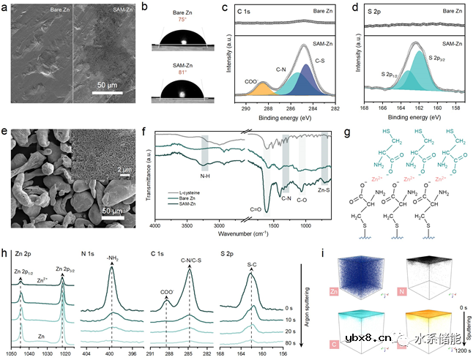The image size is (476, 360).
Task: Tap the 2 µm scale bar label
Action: point(124,170)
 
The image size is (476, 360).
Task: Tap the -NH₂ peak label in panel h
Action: point(112,259)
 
